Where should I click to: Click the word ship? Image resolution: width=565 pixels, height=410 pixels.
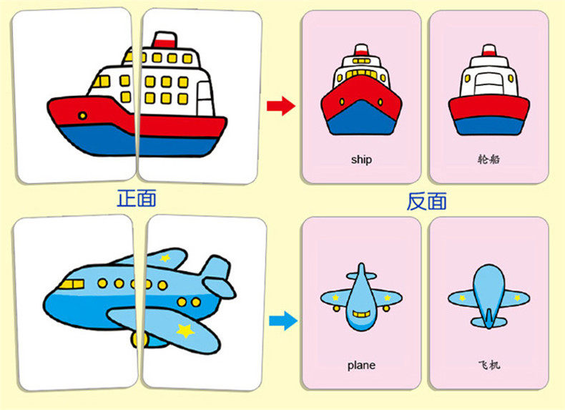pos(361,159)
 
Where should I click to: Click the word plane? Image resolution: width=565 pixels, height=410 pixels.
pos(361,365)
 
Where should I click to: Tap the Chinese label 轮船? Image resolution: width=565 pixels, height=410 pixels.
pos(488,159)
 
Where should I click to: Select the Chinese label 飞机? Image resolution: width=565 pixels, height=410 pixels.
pos(488,365)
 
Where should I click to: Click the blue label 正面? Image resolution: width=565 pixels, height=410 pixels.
pos(136,198)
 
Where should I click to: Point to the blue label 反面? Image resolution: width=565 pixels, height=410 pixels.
pos(426,201)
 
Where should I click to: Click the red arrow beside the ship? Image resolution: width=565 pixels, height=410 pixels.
pos(280,107)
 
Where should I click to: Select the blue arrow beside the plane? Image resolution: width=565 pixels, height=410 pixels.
pos(284,321)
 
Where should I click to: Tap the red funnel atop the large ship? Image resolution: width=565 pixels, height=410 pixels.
pos(165,40)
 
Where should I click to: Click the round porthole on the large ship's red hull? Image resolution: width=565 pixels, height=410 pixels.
pos(83,115)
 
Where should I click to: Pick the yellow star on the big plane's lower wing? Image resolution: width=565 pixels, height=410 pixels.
pos(185,331)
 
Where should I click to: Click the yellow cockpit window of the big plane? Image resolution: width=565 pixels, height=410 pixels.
pos(68,285)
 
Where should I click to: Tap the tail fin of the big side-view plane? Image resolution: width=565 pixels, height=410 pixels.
pos(215,269)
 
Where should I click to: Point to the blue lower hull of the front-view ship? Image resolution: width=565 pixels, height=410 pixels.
pos(361,122)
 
